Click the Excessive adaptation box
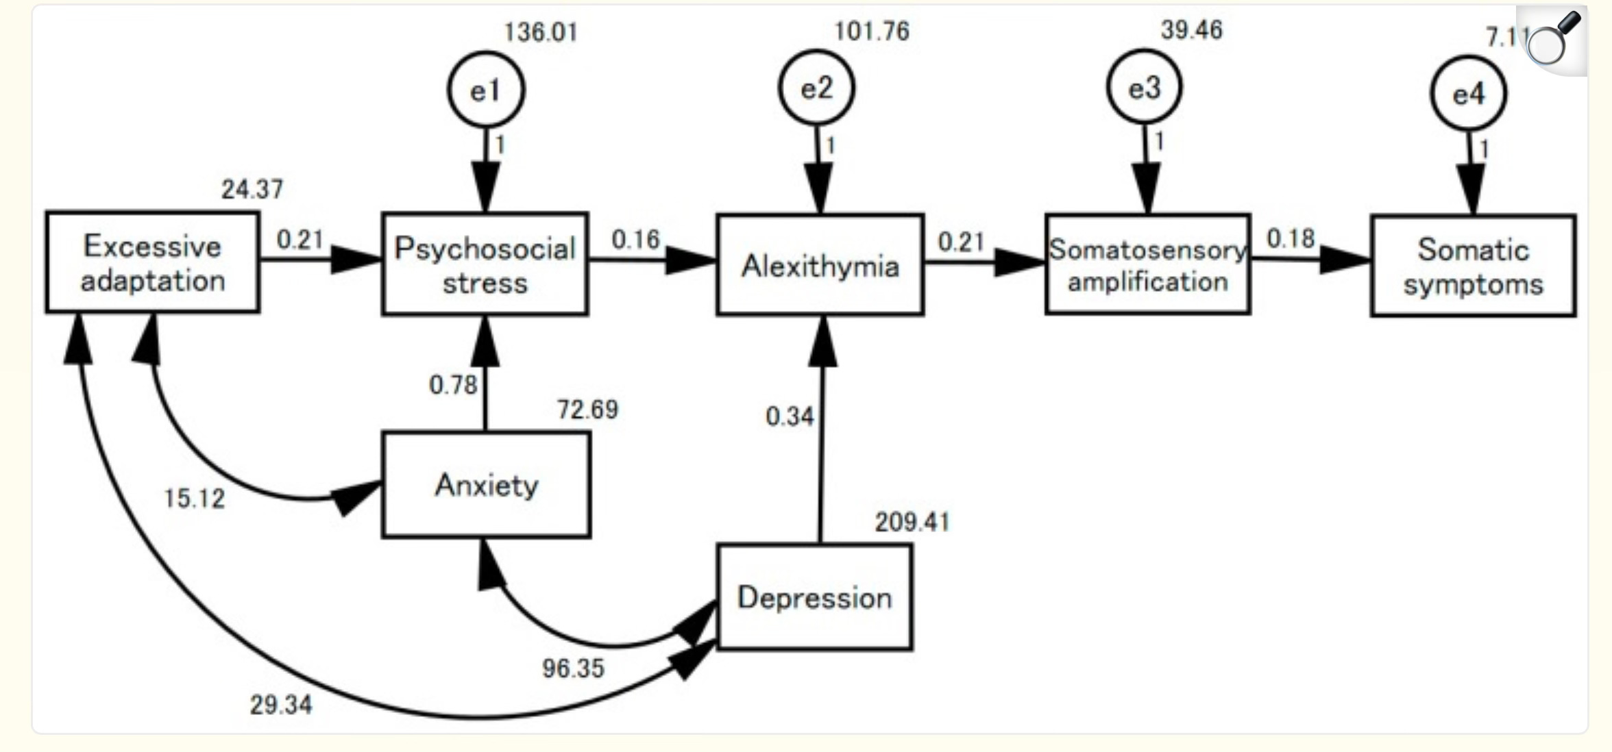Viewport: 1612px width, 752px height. coord(152,263)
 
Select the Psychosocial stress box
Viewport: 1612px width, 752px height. coord(485,264)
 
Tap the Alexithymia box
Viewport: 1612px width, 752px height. coord(820,265)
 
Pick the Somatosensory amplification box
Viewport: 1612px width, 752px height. coord(1147,264)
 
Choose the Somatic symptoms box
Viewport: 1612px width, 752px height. coord(1473,266)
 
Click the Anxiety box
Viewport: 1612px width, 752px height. coord(486,485)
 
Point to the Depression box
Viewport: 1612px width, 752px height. coord(814,597)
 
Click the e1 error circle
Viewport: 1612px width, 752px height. coord(486,90)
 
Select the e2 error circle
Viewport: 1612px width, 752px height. coord(816,88)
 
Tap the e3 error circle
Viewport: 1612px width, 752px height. coord(1145,87)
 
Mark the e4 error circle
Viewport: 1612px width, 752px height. coord(1468,93)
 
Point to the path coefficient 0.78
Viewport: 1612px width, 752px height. coord(452,385)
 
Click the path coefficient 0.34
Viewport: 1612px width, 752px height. coord(790,416)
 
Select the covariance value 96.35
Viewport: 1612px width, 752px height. coord(573,668)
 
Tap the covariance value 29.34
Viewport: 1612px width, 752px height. coord(280,705)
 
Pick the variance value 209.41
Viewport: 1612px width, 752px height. coord(912,523)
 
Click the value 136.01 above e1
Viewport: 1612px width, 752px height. coord(541,32)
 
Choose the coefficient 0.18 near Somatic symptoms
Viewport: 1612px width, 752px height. coord(1291,238)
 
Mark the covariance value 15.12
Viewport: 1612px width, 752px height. coord(194,499)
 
